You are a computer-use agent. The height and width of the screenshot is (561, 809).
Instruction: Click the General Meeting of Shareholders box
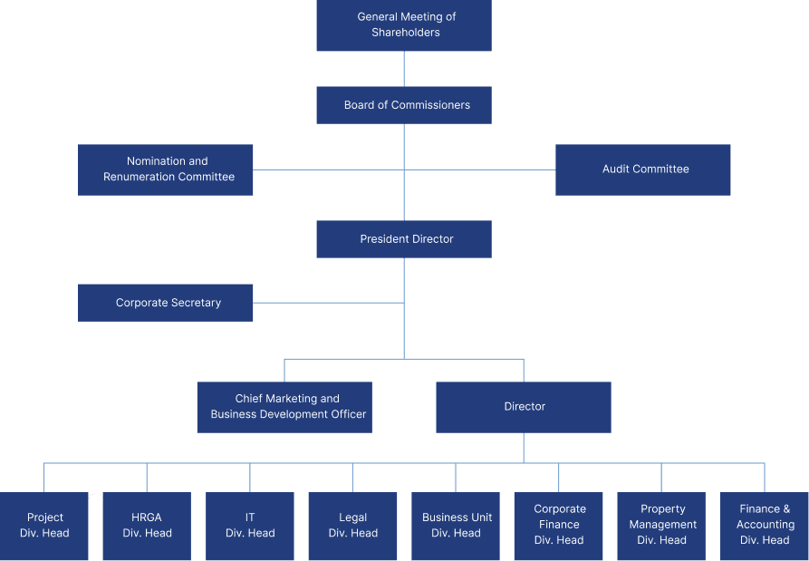pos(404,25)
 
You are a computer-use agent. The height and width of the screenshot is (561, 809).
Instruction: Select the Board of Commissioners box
pos(404,105)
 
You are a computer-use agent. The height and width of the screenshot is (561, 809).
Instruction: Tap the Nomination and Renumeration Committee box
pos(166,169)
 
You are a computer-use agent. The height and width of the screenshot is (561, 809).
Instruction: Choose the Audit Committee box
pos(643,169)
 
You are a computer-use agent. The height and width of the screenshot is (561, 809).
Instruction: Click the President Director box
pos(404,239)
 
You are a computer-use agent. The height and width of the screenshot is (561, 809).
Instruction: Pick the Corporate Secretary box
pos(166,303)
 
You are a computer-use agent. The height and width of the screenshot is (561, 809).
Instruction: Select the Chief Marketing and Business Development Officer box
pos(284,407)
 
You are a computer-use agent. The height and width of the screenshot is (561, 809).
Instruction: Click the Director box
pos(524,407)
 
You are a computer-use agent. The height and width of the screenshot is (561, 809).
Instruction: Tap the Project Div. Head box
pos(44,527)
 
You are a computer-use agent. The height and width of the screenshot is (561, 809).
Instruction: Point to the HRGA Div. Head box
pos(147,527)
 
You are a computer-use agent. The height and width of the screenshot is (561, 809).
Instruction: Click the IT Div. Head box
pos(250,527)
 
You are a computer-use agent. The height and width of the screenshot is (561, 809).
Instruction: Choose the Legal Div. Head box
pos(352,527)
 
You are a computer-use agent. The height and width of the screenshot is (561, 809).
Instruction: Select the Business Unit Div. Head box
pos(456,527)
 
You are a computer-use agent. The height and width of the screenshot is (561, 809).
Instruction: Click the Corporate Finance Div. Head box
pos(559,527)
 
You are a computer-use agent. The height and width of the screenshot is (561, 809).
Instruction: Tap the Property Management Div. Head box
pos(661,527)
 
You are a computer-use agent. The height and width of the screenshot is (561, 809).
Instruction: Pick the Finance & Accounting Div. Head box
pos(765,527)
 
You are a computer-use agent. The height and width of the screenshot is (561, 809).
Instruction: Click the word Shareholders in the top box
pos(405,33)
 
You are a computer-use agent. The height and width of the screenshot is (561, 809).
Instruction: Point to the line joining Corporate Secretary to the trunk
pos(328,303)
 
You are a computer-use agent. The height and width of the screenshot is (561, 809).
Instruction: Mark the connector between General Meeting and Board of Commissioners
pos(404,69)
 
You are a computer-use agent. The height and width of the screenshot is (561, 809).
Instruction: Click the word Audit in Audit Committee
pos(617,169)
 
